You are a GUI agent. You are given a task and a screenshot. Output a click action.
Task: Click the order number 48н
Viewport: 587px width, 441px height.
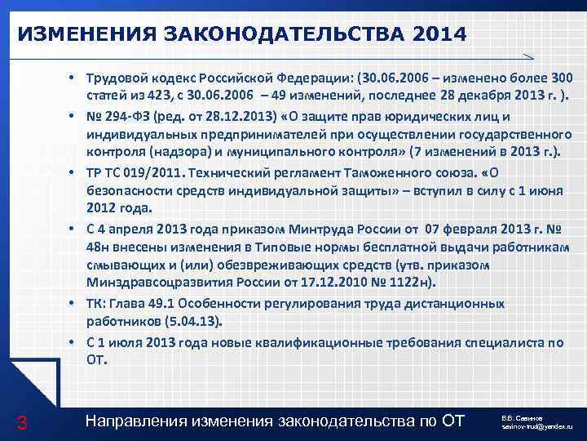tap(99, 247)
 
